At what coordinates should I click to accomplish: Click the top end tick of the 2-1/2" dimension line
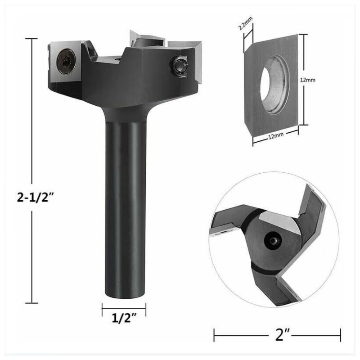[31, 39]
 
